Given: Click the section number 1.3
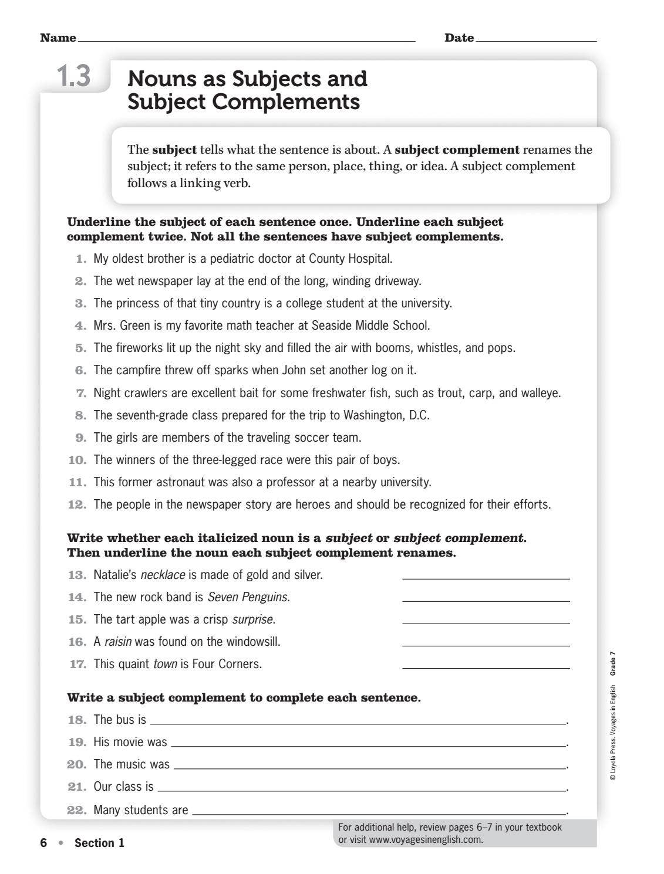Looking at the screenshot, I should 74,76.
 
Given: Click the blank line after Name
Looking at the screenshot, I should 246,41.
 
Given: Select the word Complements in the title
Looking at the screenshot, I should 286,102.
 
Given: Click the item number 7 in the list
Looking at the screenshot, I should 81,393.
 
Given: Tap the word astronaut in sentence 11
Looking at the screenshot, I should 180,482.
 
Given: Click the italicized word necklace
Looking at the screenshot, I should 163,575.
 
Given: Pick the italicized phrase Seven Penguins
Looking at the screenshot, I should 248,597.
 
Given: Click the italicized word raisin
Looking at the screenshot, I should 118,642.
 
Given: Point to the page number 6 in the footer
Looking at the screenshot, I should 43,843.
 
